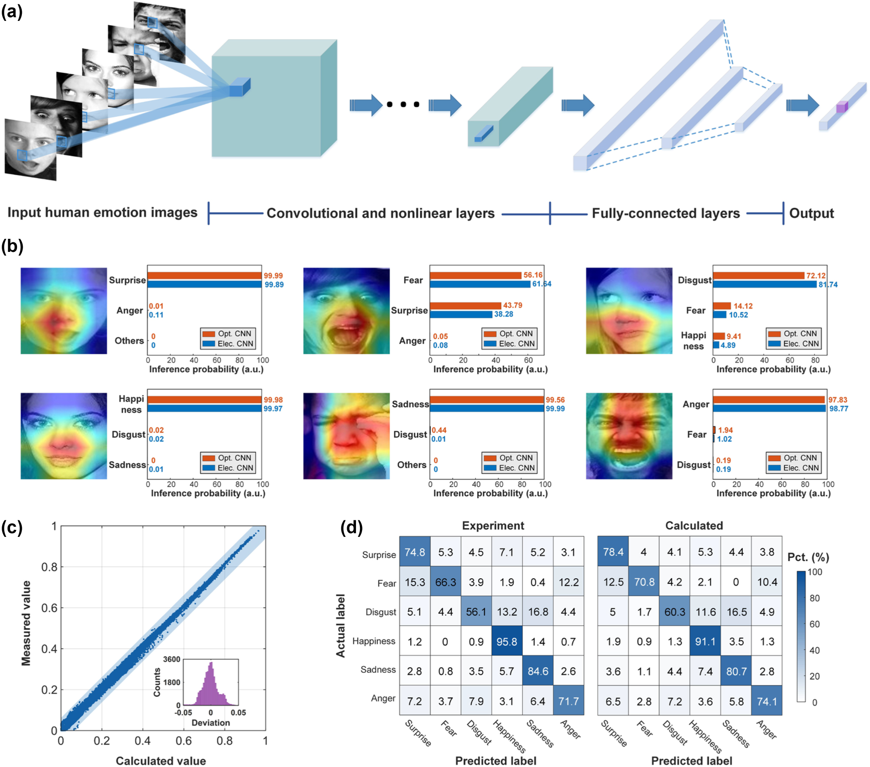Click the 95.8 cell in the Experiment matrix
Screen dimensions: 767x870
(507, 641)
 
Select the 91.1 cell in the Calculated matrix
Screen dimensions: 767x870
(705, 641)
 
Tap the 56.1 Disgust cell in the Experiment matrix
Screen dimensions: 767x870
(476, 612)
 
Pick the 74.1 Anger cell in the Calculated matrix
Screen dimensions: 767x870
(767, 701)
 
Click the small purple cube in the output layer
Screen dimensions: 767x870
(842, 107)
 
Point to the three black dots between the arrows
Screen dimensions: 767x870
(403, 105)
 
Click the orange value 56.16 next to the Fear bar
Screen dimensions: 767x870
(533, 275)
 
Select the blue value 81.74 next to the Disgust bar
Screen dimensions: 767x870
(828, 285)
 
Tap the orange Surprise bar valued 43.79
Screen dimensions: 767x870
(465, 305)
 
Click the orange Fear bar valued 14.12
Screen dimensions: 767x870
(722, 306)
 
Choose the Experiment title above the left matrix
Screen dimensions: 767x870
(493, 526)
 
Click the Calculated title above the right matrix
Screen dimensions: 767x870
(694, 526)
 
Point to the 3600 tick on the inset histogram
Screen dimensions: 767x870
(172, 659)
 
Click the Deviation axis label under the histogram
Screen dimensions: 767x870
(210, 723)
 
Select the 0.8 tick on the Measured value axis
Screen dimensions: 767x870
(49, 567)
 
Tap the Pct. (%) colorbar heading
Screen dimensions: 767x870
(808, 557)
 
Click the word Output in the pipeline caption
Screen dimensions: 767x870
(811, 213)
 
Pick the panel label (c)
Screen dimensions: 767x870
(12, 527)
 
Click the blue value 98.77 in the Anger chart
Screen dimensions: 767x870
(838, 409)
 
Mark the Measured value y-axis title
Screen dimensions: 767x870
(26, 623)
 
